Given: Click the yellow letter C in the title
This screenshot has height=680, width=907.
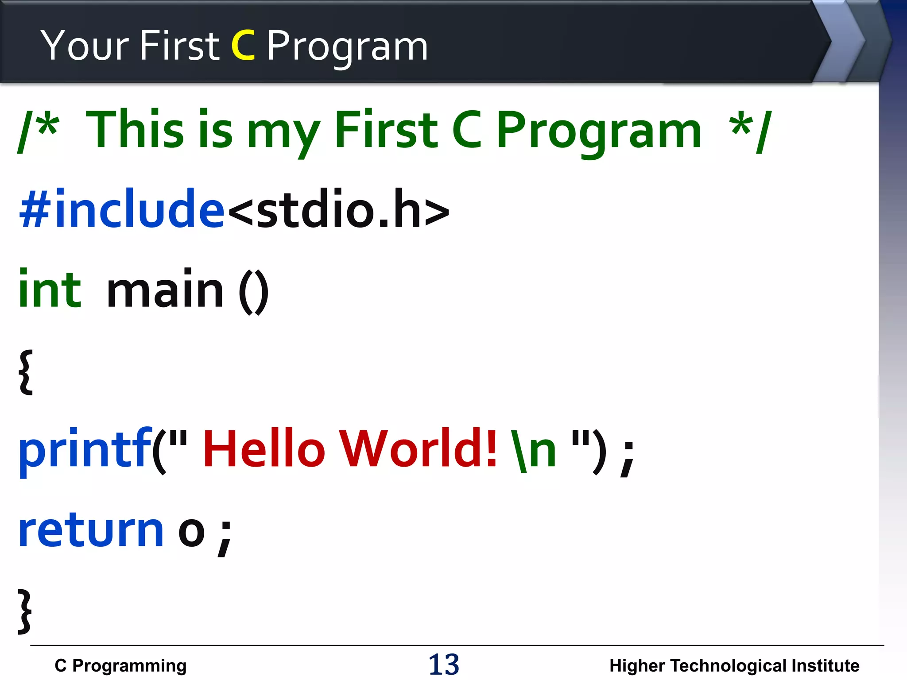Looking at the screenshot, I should pyautogui.click(x=243, y=45).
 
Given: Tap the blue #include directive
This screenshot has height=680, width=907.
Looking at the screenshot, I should pyautogui.click(x=122, y=208).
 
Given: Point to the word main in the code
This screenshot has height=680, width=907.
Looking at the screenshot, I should pyautogui.click(x=165, y=290).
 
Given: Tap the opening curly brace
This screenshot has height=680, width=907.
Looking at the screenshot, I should pyautogui.click(x=26, y=372).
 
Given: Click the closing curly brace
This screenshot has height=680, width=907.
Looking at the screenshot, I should pyautogui.click(x=25, y=611).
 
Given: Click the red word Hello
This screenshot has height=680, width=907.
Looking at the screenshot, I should pyautogui.click(x=264, y=449).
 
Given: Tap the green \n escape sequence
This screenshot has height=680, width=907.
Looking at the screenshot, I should pyautogui.click(x=534, y=450).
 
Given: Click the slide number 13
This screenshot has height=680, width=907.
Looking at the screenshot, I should pyautogui.click(x=444, y=665).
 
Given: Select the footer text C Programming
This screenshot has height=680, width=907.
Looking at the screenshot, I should pyautogui.click(x=120, y=665).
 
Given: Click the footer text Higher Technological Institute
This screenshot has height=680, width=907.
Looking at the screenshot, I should pyautogui.click(x=734, y=665).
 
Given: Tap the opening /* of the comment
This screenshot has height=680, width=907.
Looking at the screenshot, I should pyautogui.click(x=38, y=131).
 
